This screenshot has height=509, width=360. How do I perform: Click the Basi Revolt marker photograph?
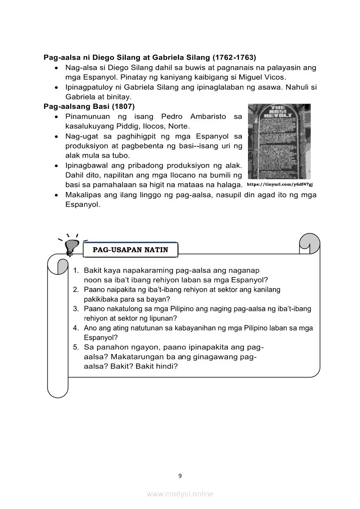click(x=279, y=141)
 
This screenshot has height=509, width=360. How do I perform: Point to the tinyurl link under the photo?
click(x=280, y=185)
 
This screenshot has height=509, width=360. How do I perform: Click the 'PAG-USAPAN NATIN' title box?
click(x=131, y=250)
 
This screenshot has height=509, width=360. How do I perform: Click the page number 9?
click(x=180, y=475)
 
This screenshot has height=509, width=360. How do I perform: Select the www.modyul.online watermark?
click(x=180, y=494)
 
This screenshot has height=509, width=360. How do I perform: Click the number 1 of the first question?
click(x=75, y=270)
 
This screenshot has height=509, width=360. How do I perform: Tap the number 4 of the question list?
click(x=75, y=328)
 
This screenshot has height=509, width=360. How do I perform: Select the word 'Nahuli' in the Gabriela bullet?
click(x=296, y=87)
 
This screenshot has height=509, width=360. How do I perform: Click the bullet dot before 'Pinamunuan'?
click(x=57, y=117)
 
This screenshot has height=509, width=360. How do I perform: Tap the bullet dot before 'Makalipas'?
click(x=57, y=195)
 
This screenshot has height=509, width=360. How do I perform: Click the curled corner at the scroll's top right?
click(x=310, y=243)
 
